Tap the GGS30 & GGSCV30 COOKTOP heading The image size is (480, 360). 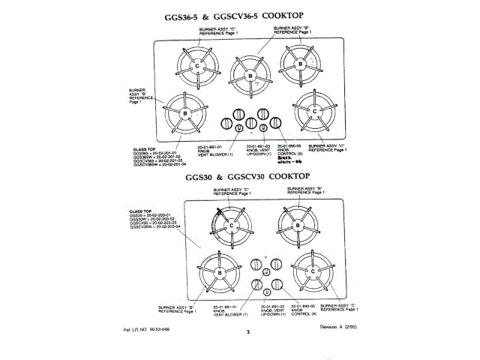click(239, 176)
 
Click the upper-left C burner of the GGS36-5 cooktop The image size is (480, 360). click(197, 67)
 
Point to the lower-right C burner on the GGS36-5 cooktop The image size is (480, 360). click(316, 112)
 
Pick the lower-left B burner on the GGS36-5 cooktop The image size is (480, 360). click(184, 112)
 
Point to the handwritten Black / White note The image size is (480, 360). click(288, 160)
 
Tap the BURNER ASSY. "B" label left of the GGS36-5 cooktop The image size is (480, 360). click(142, 94)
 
